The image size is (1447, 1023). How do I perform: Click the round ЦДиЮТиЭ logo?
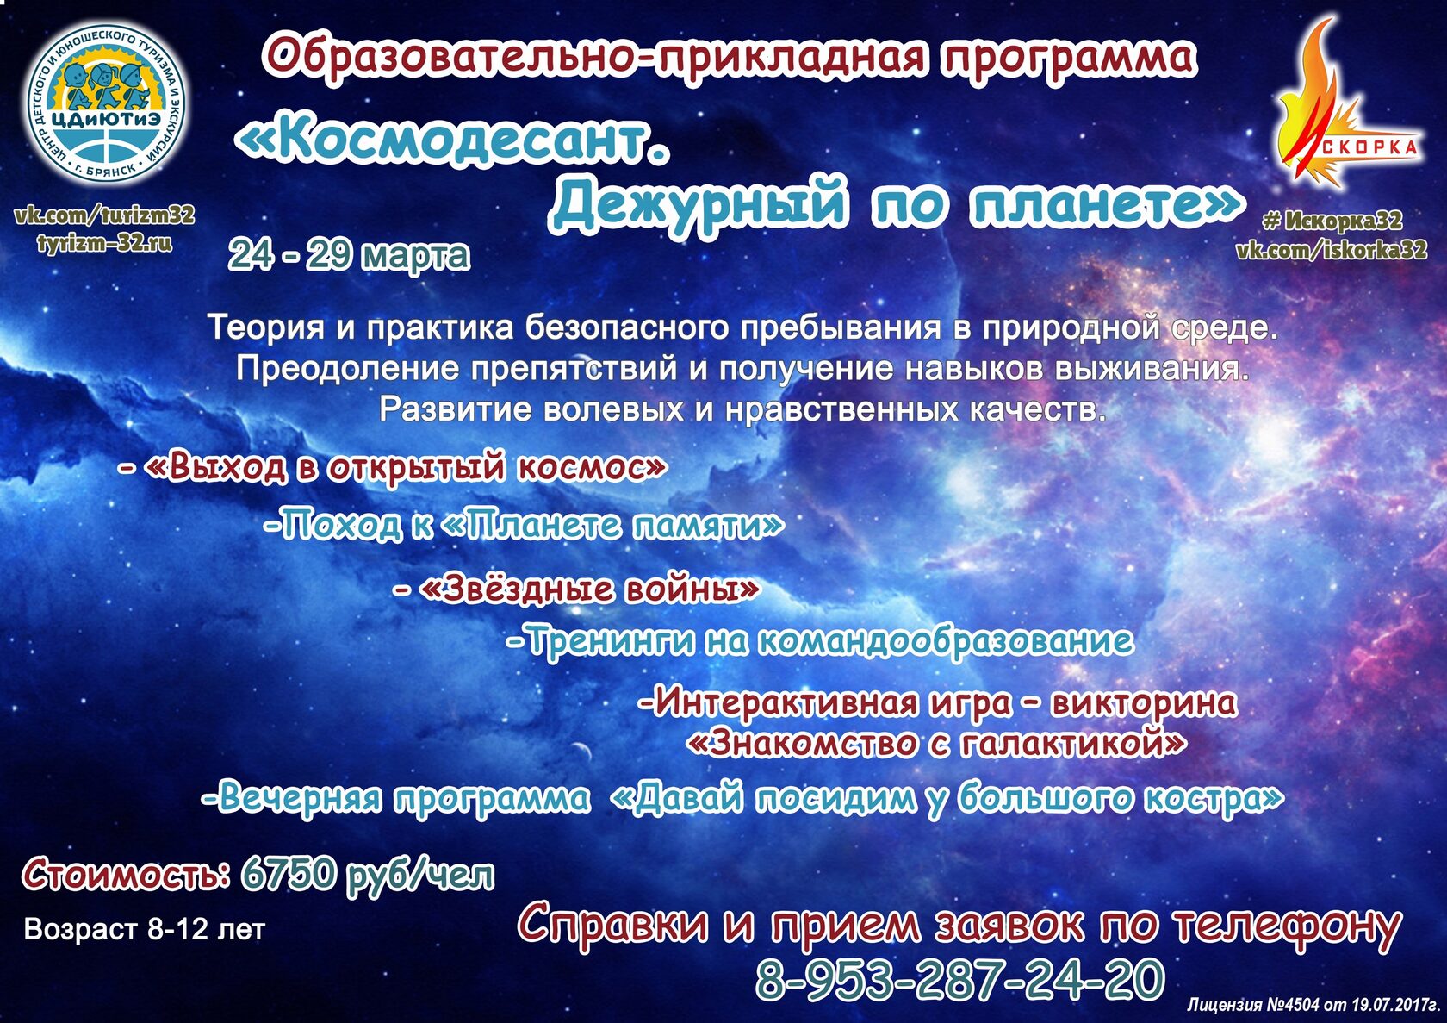pos(107,103)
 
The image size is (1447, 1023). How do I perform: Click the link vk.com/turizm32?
pos(105,215)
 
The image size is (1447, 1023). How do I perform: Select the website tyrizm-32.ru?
pos(105,243)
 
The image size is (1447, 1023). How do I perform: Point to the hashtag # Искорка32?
pos(1332,221)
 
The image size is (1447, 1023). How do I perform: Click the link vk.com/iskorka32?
pos(1332,249)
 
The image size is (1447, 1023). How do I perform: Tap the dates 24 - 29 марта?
pos(349,255)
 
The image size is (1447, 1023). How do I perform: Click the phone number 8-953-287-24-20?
pos(959,979)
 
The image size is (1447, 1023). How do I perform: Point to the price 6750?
pos(289,875)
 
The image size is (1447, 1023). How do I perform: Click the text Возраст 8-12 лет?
pos(145,929)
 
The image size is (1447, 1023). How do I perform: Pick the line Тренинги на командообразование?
pos(820,641)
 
